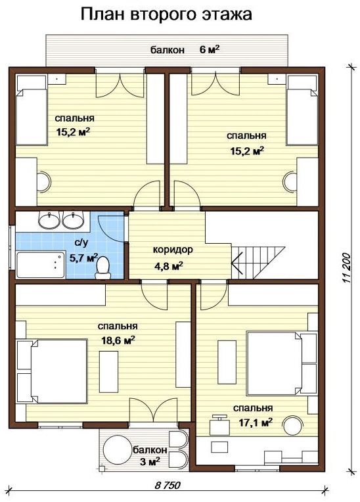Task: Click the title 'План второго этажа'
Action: pos(166,15)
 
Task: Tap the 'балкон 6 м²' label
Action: pos(185,50)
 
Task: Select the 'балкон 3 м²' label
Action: pos(150,455)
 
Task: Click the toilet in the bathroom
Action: pos(102,268)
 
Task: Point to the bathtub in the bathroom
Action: pos(41,265)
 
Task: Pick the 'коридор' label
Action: pos(173,250)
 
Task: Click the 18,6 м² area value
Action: pos(118,340)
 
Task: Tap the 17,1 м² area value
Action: pos(256,422)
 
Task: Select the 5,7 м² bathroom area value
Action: pos(83,258)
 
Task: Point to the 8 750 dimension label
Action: pos(168,485)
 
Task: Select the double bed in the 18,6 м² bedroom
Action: pos(59,371)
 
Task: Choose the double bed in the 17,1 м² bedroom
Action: pos(274,363)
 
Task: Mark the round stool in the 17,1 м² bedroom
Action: pos(292,425)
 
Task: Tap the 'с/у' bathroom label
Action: pos(81,243)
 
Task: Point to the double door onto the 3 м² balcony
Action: pos(153,411)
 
